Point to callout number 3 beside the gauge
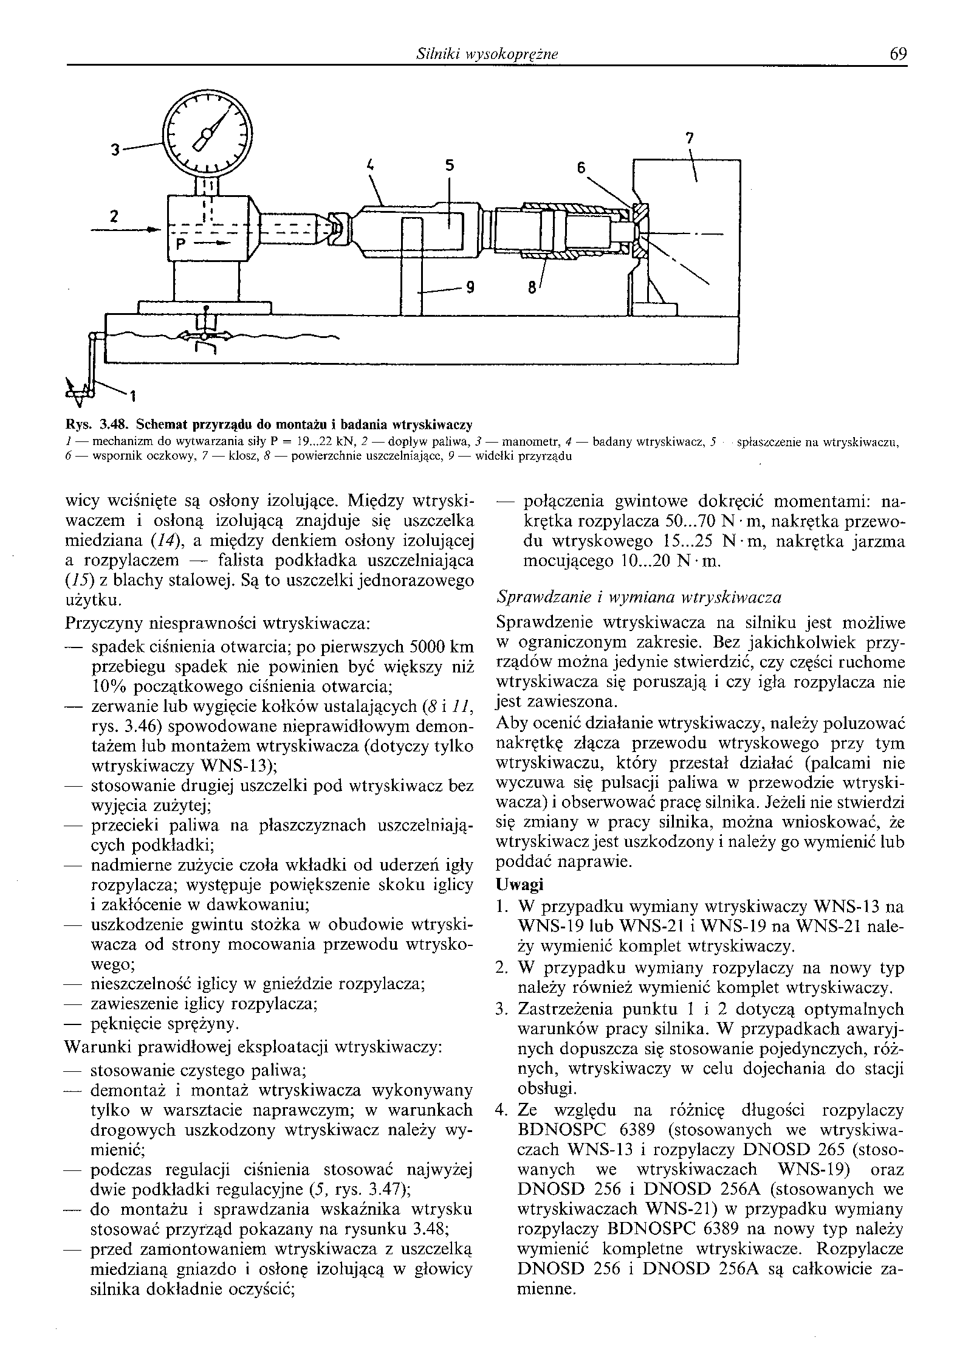point(114,149)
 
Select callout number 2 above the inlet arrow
point(114,215)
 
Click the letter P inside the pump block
point(180,244)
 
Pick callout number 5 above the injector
point(449,165)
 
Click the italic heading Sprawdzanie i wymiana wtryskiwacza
point(639,597)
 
